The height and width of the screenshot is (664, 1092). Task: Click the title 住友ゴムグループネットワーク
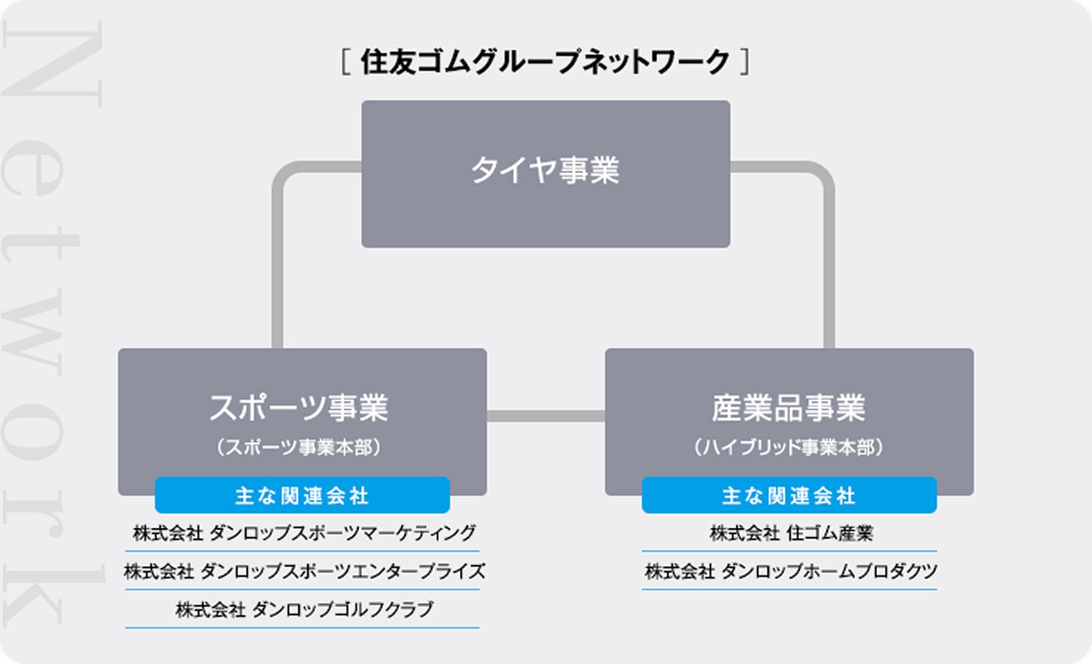[545, 62]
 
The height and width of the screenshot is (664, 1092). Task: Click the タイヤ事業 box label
[545, 170]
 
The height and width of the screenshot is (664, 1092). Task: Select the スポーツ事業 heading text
[299, 407]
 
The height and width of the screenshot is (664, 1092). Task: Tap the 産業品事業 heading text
[788, 407]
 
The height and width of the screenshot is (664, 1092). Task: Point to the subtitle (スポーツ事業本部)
[299, 447]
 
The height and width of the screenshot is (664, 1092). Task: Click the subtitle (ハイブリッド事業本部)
[788, 447]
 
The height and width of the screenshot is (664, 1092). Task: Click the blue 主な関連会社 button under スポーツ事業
[303, 495]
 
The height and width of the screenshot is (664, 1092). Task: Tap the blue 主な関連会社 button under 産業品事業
[789, 495]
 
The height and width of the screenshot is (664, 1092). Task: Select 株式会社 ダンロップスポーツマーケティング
[304, 533]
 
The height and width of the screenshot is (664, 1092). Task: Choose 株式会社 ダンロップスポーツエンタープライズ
[304, 571]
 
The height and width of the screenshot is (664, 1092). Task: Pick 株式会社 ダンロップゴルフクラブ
[304, 609]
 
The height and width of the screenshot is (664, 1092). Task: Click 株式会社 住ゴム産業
[791, 533]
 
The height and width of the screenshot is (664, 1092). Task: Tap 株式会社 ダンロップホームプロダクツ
[791, 571]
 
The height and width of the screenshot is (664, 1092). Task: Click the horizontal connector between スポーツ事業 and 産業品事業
[546, 416]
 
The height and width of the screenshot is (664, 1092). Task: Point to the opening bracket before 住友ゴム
[345, 62]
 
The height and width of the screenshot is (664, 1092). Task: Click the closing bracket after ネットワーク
[744, 62]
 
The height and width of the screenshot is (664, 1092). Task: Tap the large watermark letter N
[52, 63]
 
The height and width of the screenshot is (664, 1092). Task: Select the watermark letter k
[54, 595]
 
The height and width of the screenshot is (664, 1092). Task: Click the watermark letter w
[32, 331]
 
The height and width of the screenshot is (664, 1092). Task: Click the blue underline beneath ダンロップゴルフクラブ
[303, 628]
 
